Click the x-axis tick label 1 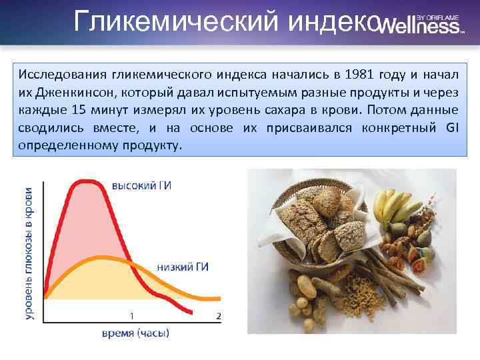131,315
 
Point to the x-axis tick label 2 218,315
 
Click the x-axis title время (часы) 135,333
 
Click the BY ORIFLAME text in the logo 439,16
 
